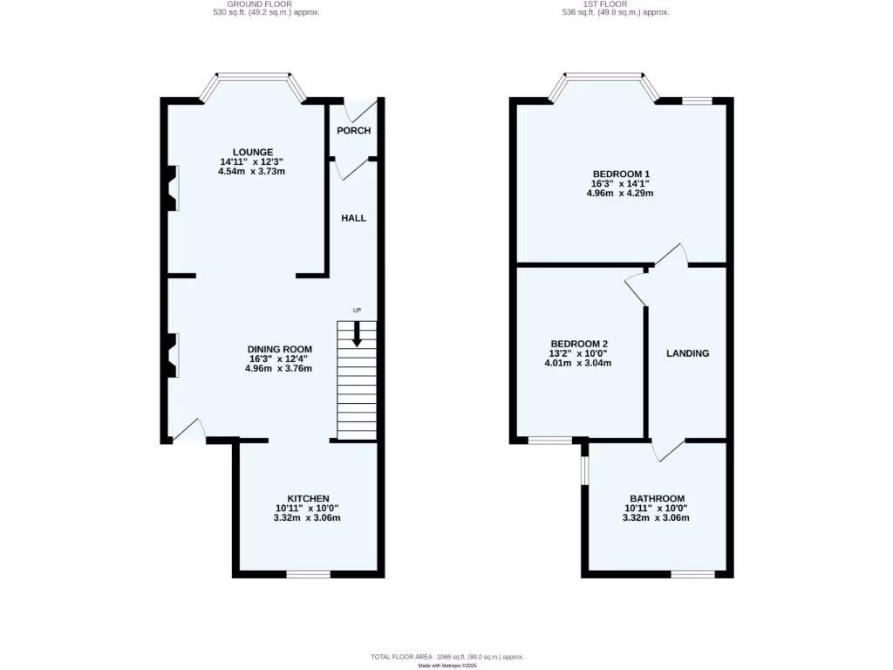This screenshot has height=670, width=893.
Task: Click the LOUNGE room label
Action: click(252, 152)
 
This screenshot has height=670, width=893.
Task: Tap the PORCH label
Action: click(354, 131)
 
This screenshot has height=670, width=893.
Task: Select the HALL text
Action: click(353, 218)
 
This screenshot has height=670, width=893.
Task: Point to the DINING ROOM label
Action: click(278, 349)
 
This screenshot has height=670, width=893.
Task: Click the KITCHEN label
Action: click(308, 498)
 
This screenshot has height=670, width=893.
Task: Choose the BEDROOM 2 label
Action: click(579, 344)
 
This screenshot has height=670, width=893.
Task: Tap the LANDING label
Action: click(687, 353)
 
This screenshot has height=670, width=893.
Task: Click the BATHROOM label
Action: click(657, 498)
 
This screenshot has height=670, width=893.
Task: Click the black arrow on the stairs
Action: click(356, 335)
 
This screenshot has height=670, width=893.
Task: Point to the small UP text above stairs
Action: click(356, 311)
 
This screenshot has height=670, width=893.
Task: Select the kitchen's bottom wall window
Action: click(309, 574)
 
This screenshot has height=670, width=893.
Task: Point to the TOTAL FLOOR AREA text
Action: click(446, 656)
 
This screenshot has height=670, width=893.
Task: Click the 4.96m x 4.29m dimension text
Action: click(619, 194)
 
